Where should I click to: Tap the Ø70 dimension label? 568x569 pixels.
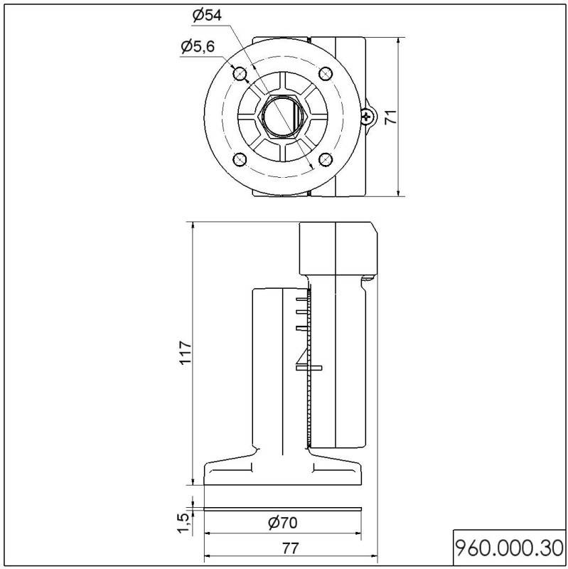[x=282, y=523]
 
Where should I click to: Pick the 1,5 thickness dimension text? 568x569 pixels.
[x=183, y=522]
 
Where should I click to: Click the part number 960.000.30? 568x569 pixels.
[x=509, y=548]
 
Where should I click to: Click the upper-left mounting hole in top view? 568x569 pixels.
[x=240, y=73]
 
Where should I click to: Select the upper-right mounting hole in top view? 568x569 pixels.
[x=326, y=73]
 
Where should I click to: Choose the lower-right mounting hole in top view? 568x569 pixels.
[x=326, y=159]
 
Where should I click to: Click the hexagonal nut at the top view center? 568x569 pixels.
[x=282, y=116]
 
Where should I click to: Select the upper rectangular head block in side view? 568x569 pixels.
[x=338, y=248]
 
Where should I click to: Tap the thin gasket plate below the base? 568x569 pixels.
[x=282, y=508]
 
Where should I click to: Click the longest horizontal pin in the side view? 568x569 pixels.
[x=309, y=368]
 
